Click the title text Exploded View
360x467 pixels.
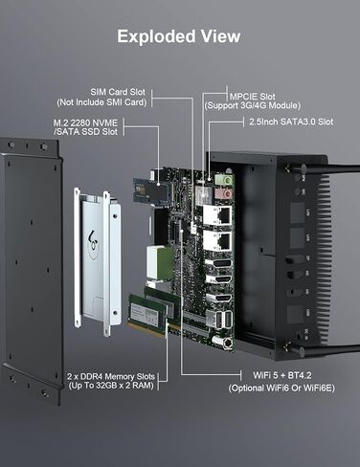click(x=179, y=36)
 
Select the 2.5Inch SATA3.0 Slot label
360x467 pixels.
click(x=290, y=122)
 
